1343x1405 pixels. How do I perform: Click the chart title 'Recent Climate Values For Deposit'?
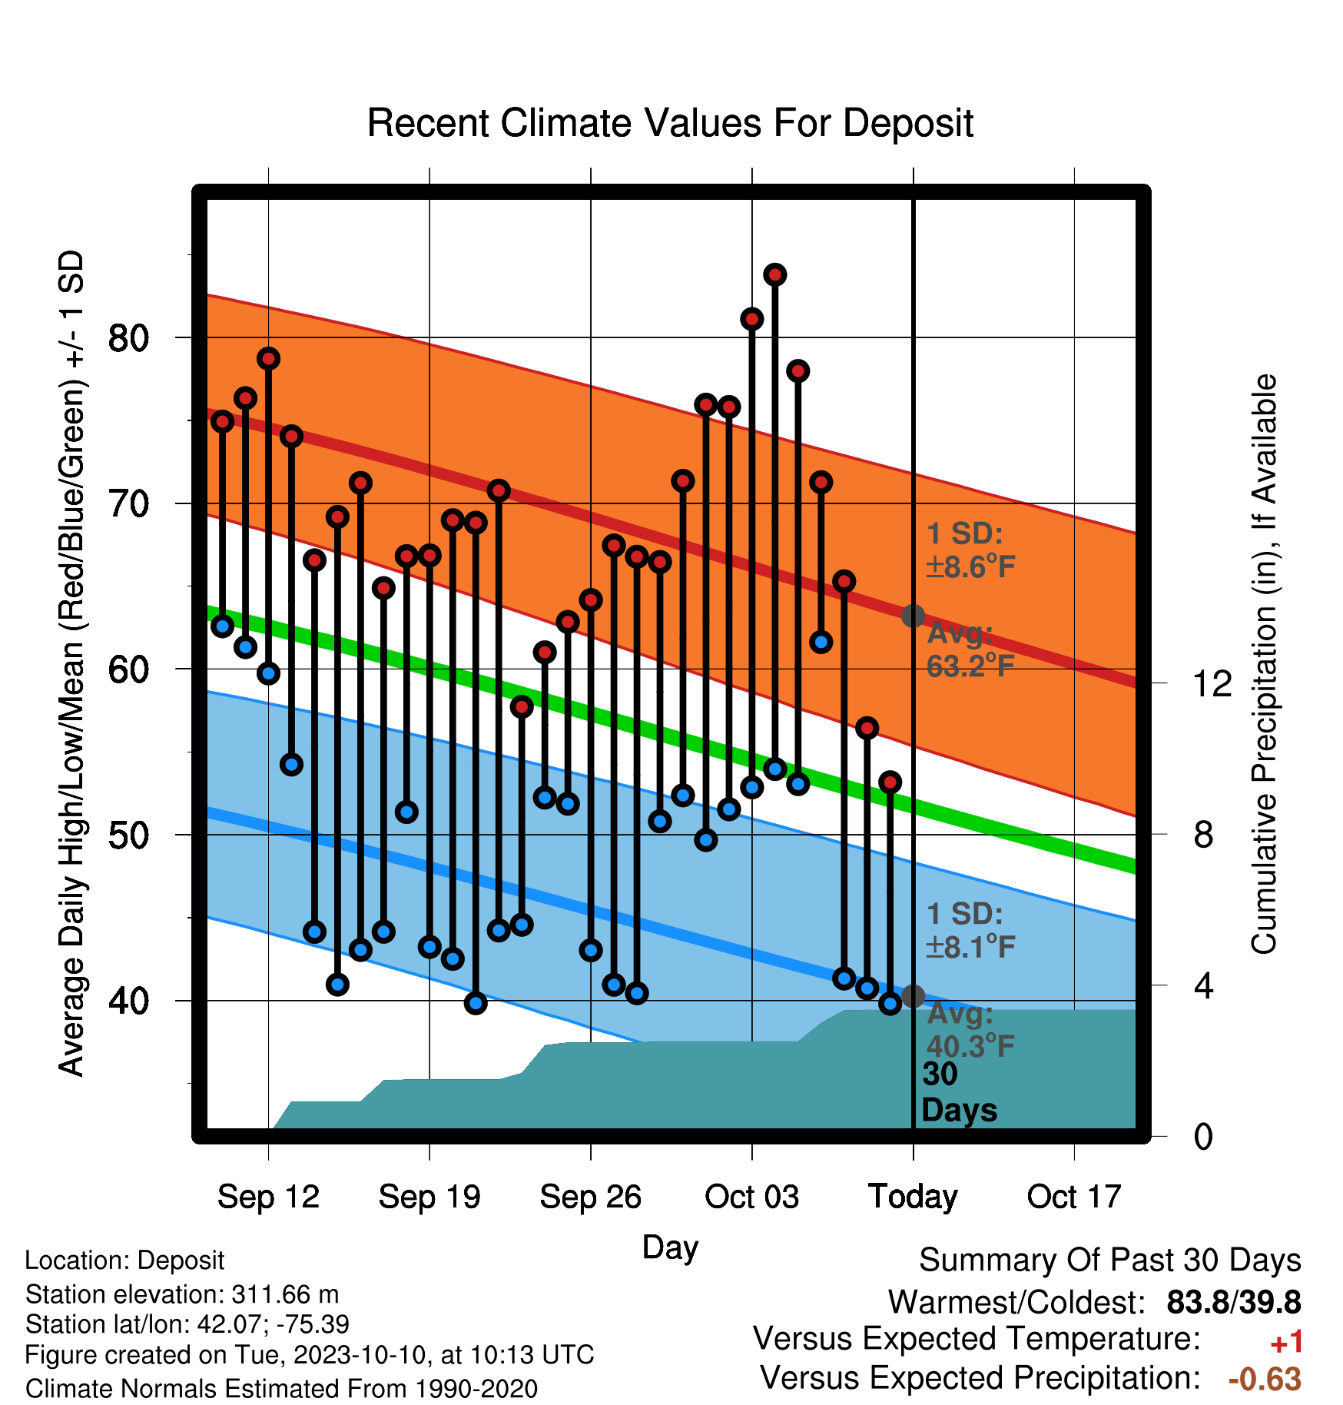pos(670,123)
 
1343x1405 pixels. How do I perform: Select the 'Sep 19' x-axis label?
pos(429,1197)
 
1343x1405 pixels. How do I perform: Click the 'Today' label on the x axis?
pos(913,1197)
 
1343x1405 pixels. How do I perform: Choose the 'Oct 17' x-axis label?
pos(1074,1197)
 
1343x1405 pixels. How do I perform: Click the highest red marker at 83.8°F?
pos(775,274)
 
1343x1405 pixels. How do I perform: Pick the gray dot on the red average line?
pos(913,616)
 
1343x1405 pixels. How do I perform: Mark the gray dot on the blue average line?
pos(913,996)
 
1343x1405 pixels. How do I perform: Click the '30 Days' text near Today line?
pos(959,1092)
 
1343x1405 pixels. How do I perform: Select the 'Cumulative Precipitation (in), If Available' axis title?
pos(1264,664)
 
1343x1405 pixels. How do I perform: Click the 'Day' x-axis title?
pos(670,1247)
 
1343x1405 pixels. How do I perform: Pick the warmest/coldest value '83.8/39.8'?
pos(1234,1303)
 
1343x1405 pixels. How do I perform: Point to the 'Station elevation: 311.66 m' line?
pos(182,1294)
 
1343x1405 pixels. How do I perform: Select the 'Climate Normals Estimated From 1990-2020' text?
pos(281,1389)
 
